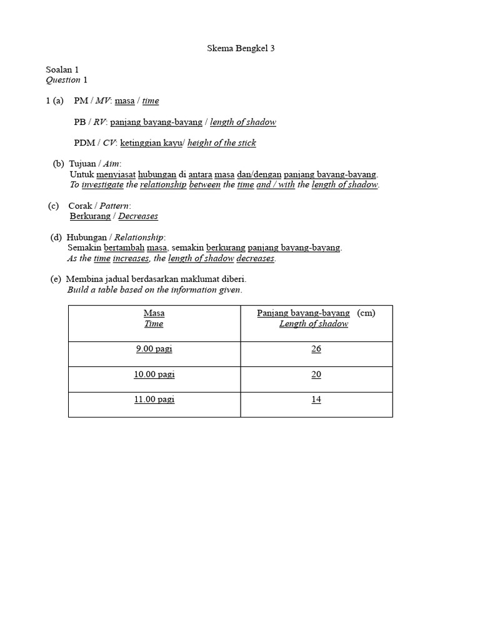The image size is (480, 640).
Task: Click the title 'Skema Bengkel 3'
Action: coord(241,48)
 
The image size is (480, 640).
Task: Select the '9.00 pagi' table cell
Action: coord(154,349)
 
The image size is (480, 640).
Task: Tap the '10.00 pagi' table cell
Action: coord(154,374)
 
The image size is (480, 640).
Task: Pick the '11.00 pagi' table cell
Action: coord(154,399)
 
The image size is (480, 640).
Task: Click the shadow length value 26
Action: coord(316,349)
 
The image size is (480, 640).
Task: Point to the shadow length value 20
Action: coord(316,374)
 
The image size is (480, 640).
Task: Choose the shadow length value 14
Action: coord(316,399)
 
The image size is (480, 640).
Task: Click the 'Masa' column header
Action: coord(154,312)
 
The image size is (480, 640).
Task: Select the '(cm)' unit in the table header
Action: coord(366,312)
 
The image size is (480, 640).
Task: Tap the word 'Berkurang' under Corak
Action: coord(90,216)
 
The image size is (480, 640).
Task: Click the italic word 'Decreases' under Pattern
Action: coord(138,216)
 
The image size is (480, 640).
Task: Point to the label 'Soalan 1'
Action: coord(62,70)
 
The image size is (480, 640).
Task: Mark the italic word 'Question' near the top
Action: coord(63,79)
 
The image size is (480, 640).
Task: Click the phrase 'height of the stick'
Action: coord(222,142)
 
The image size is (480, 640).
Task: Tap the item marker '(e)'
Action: coord(56,279)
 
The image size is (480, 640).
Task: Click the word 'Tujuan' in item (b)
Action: coord(82,164)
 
